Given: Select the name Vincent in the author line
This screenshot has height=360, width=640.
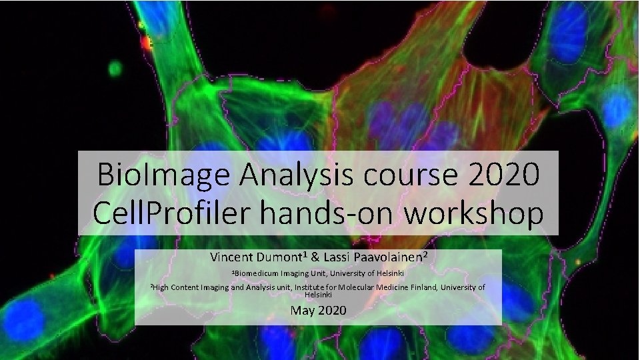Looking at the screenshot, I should click(x=230, y=257).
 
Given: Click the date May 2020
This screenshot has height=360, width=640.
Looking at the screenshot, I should click(x=318, y=310).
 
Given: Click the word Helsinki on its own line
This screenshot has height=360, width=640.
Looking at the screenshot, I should click(x=318, y=294).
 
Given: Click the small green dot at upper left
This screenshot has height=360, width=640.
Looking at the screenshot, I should click(x=115, y=67).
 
